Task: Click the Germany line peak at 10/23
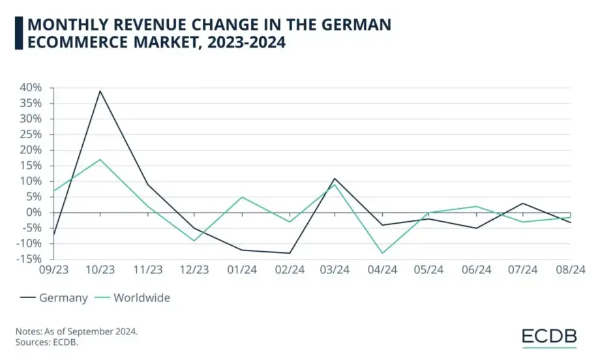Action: click(100, 91)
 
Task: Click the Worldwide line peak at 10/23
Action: click(100, 159)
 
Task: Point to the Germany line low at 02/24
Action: click(289, 253)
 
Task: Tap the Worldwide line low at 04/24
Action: click(383, 253)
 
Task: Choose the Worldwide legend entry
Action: click(134, 298)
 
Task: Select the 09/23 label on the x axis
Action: click(53, 269)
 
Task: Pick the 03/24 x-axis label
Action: click(336, 269)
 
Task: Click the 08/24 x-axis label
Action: click(570, 269)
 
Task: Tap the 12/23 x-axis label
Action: click(195, 269)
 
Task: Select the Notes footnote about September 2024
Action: click(76, 332)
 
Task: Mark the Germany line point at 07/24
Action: click(524, 203)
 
